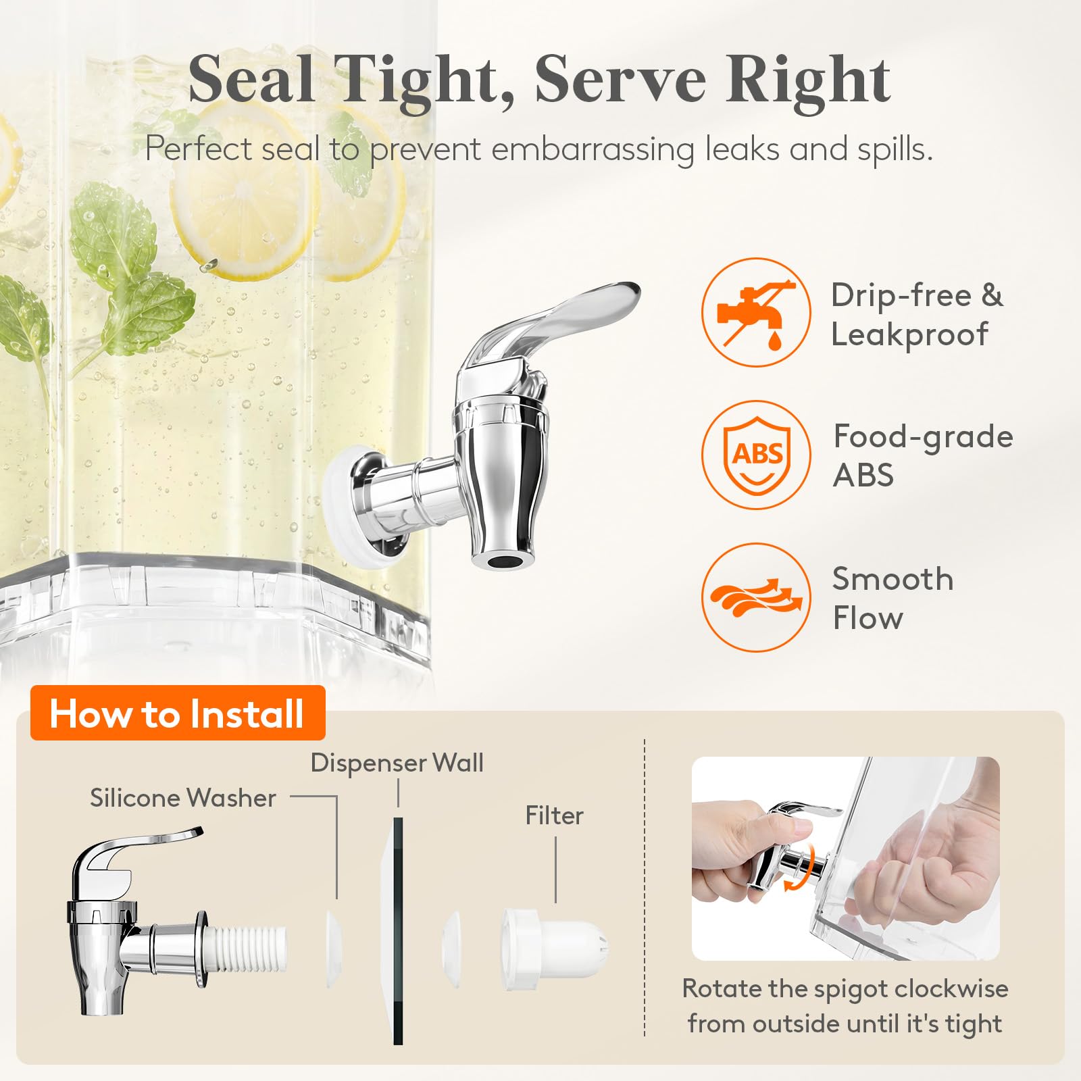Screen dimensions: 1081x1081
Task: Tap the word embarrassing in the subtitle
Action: coord(593,149)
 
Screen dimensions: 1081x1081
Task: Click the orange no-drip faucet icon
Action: coord(756,312)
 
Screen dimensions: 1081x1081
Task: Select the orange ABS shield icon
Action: coord(756,455)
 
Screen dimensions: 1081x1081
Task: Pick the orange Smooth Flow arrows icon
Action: coord(756,597)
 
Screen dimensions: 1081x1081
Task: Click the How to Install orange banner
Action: coord(178,713)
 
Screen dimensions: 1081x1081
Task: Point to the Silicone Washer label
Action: coord(183,798)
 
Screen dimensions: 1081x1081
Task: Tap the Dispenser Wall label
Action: coord(397,763)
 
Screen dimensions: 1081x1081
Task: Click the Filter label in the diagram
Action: coord(554,815)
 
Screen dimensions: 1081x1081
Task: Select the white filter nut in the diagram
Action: coord(554,949)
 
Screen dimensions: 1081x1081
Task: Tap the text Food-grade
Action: coord(924,437)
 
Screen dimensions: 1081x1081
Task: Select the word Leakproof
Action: coord(909,334)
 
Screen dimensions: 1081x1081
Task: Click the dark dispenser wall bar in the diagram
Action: coord(398,931)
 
